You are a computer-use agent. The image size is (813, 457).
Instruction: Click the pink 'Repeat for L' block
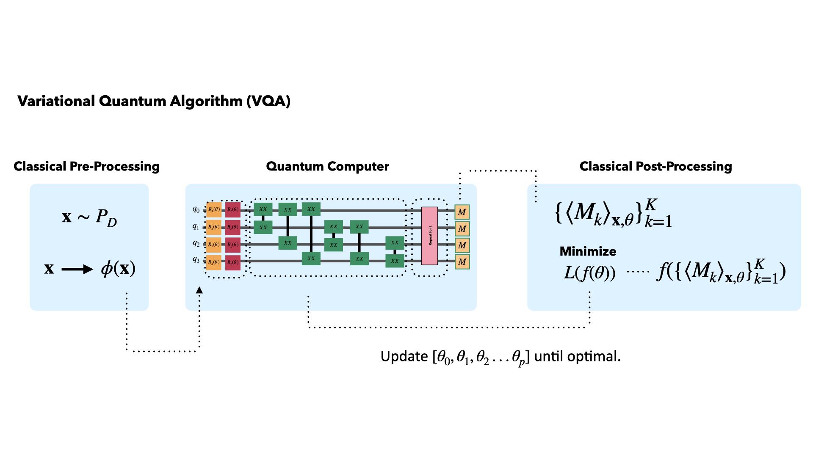429,236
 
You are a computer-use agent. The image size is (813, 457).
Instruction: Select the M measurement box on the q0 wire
462,212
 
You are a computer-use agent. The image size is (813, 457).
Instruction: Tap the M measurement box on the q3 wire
462,262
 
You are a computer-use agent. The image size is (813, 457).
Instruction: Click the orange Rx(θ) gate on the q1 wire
214,227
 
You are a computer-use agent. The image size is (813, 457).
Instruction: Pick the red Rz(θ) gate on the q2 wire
232,245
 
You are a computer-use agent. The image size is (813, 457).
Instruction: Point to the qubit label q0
196,209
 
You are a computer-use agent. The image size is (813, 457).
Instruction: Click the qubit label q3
196,259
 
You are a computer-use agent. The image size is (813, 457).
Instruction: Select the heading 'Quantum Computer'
327,166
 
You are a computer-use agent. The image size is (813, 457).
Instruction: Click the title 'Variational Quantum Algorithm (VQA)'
154,101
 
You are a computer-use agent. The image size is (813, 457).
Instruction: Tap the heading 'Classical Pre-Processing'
86,166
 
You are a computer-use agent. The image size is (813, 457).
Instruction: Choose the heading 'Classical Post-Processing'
655,166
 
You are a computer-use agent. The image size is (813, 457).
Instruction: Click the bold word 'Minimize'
588,251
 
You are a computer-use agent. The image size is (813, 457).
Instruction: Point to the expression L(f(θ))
589,273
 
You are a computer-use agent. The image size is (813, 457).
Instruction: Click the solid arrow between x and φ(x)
77,269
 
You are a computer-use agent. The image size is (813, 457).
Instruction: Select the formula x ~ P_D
89,217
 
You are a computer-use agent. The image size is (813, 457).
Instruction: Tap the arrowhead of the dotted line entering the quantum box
199,290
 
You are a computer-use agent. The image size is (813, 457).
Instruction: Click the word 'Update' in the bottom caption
404,356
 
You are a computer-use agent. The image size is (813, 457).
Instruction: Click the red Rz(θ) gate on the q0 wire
232,209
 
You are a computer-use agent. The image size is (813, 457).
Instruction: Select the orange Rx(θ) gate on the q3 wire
214,262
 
